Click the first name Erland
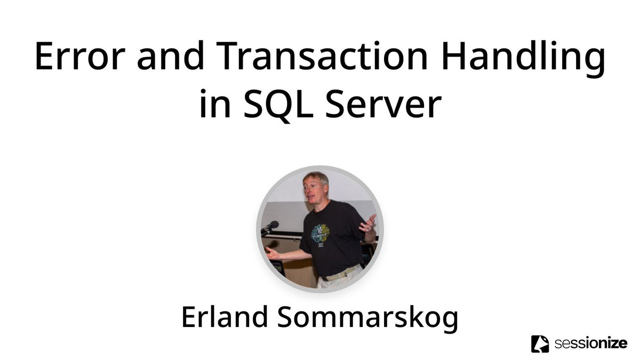click(x=225, y=317)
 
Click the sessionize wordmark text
click(x=591, y=343)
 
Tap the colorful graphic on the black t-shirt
click(x=320, y=233)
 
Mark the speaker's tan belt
click(x=341, y=273)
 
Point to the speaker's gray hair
click(x=316, y=177)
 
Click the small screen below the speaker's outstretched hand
click(x=278, y=266)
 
